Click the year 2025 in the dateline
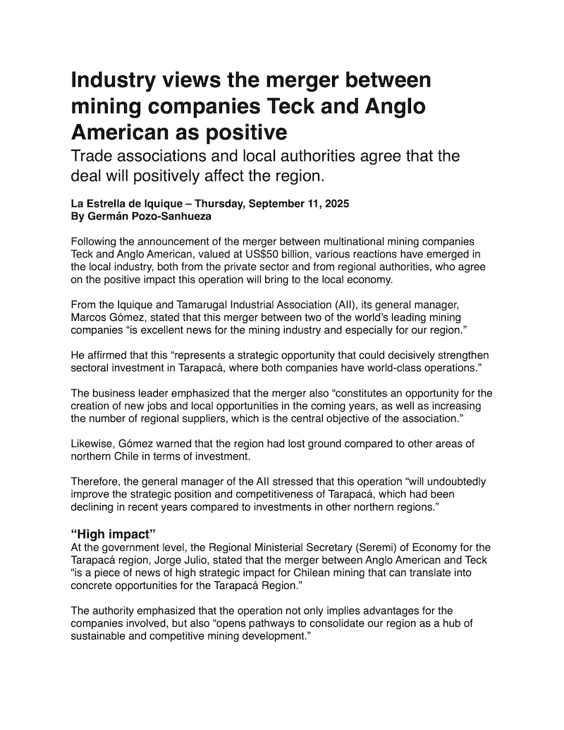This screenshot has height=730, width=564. click(334, 204)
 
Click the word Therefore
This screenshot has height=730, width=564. click(96, 482)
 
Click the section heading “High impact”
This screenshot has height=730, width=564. click(114, 534)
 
